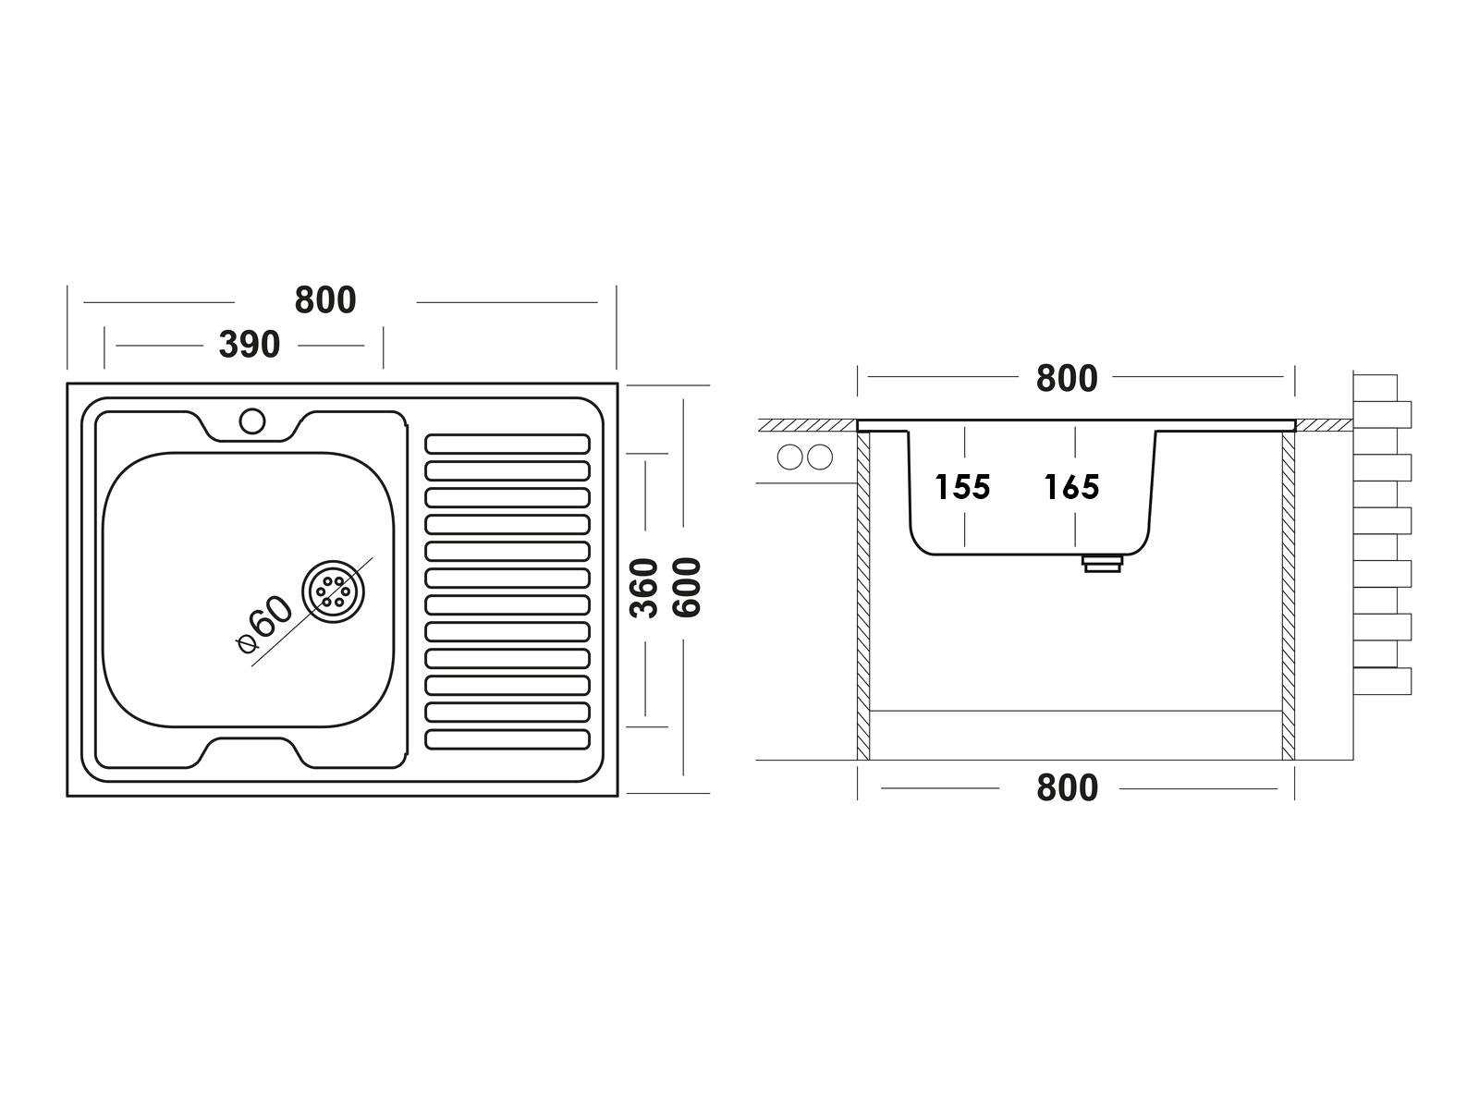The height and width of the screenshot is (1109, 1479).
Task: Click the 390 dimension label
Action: (x=250, y=345)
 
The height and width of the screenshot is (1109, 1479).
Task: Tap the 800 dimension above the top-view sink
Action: (x=325, y=300)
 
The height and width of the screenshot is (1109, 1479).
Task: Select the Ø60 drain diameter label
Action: (x=264, y=625)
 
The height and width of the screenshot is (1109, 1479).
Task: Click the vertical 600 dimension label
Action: (x=688, y=588)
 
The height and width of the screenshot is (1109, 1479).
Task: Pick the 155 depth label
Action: (x=963, y=487)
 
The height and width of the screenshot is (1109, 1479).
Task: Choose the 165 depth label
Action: (x=1072, y=487)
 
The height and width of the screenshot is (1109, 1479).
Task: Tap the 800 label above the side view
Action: (x=1067, y=378)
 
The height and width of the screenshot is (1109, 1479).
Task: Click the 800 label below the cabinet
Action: (x=1068, y=787)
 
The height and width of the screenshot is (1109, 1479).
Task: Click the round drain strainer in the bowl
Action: (x=333, y=591)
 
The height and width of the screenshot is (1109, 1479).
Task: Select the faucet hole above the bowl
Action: (x=252, y=420)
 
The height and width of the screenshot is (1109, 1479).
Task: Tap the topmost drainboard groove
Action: (x=507, y=445)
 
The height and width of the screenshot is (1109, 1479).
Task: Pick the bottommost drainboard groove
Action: (x=507, y=739)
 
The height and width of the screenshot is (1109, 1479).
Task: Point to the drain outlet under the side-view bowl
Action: (x=1103, y=564)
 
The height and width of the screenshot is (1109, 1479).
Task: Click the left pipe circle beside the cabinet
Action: (x=789, y=457)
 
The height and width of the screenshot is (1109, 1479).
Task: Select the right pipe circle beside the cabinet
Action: (x=819, y=457)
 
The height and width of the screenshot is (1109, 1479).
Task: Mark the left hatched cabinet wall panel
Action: (x=863, y=595)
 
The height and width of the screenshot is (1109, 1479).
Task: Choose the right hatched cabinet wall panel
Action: (x=1289, y=595)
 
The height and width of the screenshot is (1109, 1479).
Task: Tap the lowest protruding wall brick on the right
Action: (x=1382, y=681)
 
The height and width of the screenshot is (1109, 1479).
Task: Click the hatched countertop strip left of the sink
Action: (x=807, y=425)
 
